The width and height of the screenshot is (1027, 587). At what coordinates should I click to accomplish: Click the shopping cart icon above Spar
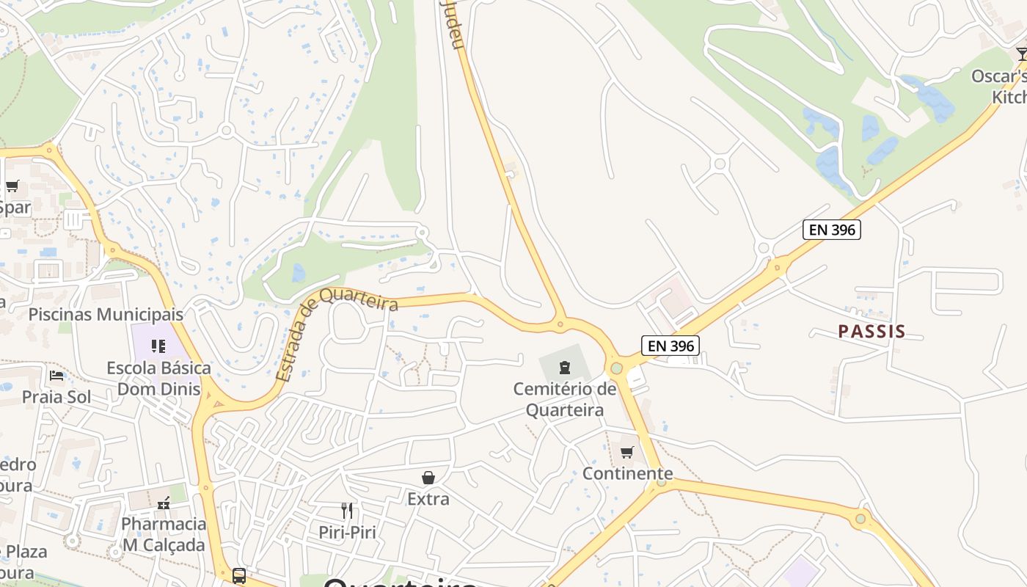point(12,186)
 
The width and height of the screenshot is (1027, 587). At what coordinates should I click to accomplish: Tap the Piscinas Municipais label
point(106,315)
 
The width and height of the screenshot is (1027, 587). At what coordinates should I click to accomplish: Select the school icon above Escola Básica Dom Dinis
point(158,346)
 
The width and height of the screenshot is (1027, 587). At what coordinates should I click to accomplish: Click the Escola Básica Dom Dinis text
point(158,378)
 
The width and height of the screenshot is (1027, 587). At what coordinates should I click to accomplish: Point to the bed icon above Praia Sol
point(56,376)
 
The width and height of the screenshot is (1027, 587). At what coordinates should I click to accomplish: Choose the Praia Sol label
point(56,397)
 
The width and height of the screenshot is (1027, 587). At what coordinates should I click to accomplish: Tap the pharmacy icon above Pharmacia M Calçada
point(164,503)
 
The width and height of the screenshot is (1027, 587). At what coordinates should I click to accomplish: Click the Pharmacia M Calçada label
point(164,534)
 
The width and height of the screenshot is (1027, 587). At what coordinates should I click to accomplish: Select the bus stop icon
point(239,576)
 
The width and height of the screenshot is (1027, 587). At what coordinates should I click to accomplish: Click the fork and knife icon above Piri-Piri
point(347,510)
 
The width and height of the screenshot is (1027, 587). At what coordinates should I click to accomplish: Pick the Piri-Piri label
point(347,531)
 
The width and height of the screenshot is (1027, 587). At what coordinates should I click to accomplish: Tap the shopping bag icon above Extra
point(428,478)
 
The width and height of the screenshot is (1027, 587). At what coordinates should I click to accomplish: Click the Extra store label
point(428,499)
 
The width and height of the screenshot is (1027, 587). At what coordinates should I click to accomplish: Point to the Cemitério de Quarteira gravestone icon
point(565,367)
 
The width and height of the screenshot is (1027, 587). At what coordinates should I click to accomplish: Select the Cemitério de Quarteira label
point(565,398)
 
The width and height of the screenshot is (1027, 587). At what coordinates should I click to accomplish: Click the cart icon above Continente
point(627,452)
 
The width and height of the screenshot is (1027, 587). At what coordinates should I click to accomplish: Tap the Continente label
point(627,473)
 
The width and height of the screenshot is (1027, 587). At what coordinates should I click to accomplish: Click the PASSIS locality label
point(871,332)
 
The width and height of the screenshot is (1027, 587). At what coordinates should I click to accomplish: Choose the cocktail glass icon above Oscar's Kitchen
point(1022,54)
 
